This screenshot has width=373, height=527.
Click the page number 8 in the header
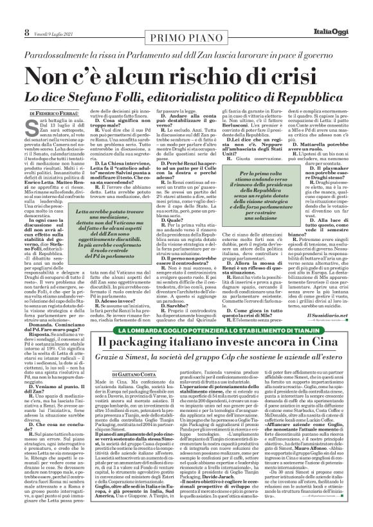click(8, 13)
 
